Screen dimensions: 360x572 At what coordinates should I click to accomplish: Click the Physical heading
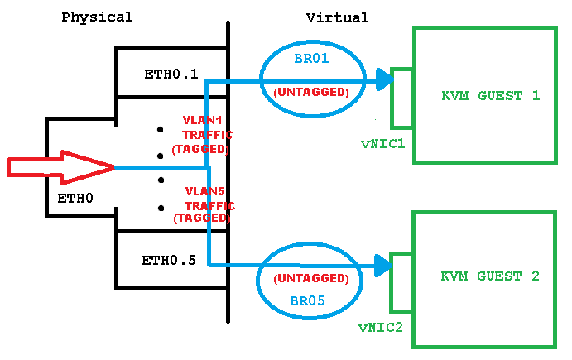(97, 17)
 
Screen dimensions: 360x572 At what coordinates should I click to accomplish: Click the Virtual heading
(337, 17)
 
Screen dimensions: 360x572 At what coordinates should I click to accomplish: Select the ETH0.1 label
(171, 74)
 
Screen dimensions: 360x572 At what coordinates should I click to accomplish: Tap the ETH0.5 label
(169, 261)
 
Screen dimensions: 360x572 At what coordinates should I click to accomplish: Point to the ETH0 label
(75, 199)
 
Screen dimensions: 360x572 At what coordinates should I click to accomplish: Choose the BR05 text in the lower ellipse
(307, 301)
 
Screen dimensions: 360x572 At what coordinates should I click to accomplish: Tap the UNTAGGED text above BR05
(310, 279)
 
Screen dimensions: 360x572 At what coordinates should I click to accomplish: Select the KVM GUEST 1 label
(490, 96)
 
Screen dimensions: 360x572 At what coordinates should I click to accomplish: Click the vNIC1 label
(382, 143)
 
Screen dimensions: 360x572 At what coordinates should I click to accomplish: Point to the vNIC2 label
(381, 327)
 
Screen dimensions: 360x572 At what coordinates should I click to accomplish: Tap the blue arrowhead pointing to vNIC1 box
(382, 80)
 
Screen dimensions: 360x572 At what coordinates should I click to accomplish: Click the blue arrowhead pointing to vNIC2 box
(382, 265)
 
